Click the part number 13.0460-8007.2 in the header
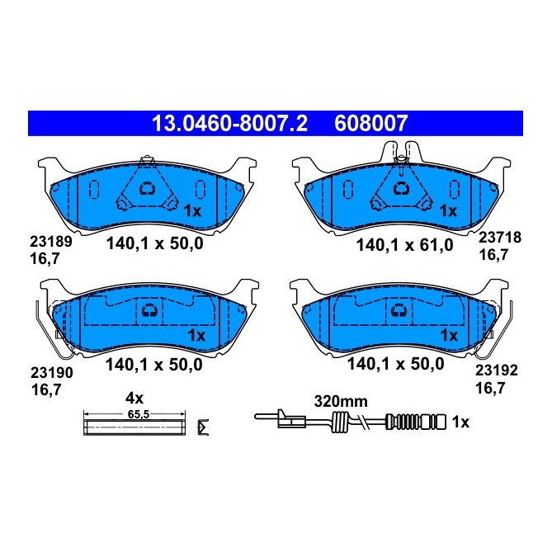[x=228, y=125]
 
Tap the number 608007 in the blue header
[x=370, y=125]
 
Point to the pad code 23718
[x=500, y=237]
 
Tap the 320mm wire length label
[x=339, y=403]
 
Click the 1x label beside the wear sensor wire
[x=460, y=422]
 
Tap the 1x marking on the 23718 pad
[x=448, y=211]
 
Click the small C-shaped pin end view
[x=205, y=427]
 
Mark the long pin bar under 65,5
[x=137, y=426]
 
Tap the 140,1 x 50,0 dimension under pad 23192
[x=396, y=363]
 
